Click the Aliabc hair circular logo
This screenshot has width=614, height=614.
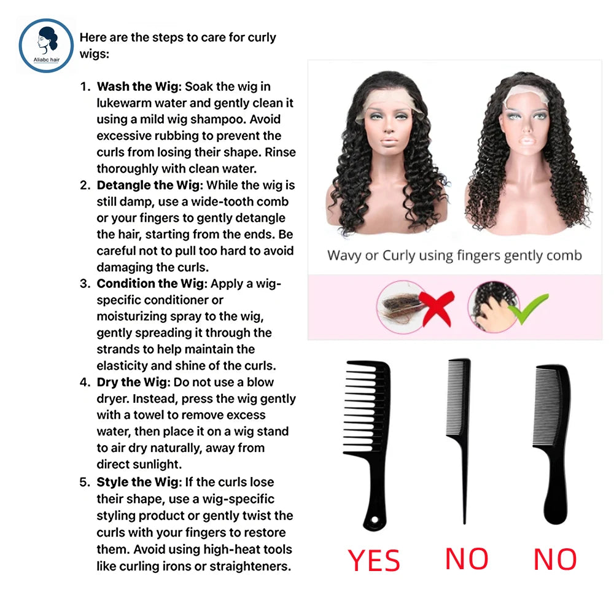(46, 45)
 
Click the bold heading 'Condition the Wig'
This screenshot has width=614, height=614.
(150, 284)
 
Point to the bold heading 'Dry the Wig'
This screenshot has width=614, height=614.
(133, 382)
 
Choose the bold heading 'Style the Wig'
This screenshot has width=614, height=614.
(139, 482)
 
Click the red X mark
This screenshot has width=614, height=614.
(436, 308)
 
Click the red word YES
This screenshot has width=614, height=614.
(373, 561)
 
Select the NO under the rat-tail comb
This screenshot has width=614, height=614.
(467, 559)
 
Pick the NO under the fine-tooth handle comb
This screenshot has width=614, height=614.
(555, 559)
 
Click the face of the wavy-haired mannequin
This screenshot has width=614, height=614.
(389, 125)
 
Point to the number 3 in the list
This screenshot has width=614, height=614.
(85, 284)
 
